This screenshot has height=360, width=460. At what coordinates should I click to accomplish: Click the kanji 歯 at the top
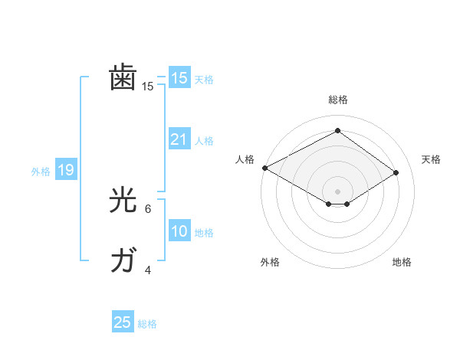[x=123, y=79]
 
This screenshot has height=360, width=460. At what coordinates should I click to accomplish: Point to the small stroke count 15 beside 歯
[x=148, y=87]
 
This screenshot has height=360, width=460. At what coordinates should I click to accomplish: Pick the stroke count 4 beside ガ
[x=148, y=270]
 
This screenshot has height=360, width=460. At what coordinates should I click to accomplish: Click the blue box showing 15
[x=179, y=78]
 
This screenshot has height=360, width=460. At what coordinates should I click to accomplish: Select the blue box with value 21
[x=179, y=139]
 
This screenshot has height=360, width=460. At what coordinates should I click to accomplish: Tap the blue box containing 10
[x=179, y=231]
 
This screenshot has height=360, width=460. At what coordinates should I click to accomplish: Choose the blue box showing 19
[x=66, y=170]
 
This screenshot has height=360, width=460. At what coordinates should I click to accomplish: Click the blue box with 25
[x=123, y=322]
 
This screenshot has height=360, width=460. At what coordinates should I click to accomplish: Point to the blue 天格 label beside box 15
[x=204, y=80]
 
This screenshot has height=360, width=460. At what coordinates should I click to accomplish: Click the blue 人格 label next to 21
[x=204, y=141]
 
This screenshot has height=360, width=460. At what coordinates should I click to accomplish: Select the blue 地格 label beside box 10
[x=204, y=233]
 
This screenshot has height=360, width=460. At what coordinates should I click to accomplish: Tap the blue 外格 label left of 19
[x=41, y=172]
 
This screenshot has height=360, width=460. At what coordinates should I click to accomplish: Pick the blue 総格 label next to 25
[x=147, y=324]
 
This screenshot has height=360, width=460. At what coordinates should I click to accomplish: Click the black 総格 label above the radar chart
[x=337, y=100]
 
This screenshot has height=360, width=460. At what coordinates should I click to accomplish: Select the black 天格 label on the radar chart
[x=431, y=159]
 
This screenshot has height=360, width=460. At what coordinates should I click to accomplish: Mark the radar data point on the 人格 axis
[x=264, y=167]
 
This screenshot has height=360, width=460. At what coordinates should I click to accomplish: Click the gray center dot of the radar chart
[x=337, y=190]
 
